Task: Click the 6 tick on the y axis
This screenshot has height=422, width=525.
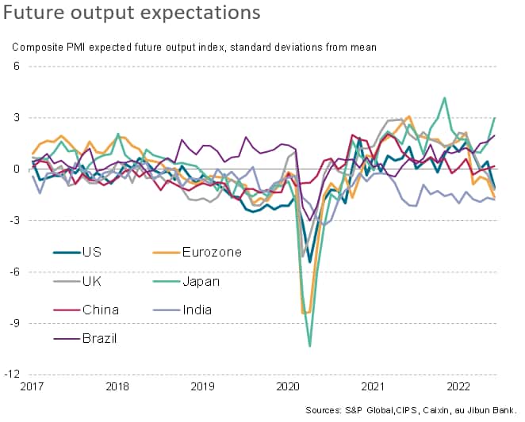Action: [x=16, y=67]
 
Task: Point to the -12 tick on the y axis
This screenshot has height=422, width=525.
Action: [x=12, y=374]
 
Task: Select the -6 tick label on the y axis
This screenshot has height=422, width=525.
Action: [x=14, y=272]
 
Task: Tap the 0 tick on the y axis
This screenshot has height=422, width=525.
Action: [x=16, y=169]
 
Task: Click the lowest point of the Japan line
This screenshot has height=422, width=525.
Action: [x=309, y=346]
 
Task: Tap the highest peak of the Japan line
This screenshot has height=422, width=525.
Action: [x=444, y=98]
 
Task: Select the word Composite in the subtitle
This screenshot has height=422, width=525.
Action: [x=37, y=47]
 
